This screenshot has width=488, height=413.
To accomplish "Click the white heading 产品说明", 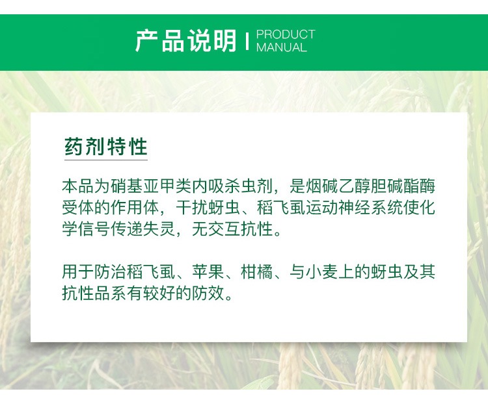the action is [186, 41].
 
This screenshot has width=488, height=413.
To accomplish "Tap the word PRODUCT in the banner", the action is [286, 34].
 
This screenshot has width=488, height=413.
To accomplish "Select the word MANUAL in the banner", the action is [281, 47].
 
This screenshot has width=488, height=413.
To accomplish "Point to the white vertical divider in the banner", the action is [247, 41].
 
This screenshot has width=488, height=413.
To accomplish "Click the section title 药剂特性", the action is [106, 146].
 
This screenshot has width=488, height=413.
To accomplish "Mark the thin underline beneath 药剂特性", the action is [106, 160].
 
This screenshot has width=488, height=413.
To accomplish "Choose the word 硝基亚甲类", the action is [151, 186].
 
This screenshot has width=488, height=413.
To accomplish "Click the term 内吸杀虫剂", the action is [232, 186].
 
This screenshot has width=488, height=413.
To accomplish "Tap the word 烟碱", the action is [321, 186].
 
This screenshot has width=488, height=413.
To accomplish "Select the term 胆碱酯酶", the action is [403, 186].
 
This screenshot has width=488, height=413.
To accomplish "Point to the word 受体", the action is [78, 207].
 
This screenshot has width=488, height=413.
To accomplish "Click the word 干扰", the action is [192, 207].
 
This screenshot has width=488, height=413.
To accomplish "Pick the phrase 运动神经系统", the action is [354, 207].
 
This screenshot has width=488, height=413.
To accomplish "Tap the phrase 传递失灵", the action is [142, 229].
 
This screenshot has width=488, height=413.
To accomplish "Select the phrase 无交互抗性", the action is [232, 229].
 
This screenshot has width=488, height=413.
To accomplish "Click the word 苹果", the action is [208, 271].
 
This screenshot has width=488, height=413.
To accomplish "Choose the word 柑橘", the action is [256, 271].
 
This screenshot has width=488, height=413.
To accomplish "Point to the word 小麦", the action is [321, 271].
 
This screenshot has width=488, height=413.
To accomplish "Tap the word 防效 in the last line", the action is [208, 293].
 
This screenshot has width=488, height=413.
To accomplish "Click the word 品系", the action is [110, 293].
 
